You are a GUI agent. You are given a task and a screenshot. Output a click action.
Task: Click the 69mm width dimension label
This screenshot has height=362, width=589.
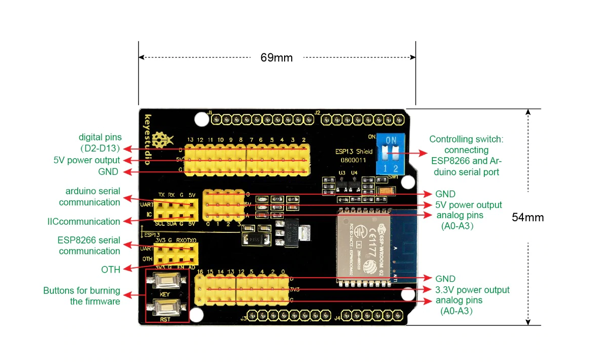276,57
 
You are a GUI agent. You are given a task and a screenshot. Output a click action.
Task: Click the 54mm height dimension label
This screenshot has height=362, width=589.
528,218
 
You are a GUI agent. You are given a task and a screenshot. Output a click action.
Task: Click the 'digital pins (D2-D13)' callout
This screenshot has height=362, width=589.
100,143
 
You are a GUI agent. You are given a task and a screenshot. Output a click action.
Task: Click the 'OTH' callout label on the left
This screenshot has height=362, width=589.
110,269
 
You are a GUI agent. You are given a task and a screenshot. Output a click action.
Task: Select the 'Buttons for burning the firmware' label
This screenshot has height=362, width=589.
82,296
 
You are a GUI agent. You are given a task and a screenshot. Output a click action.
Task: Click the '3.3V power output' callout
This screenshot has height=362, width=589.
473,290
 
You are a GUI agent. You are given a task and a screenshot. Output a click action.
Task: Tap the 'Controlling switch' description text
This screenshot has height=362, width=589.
466,156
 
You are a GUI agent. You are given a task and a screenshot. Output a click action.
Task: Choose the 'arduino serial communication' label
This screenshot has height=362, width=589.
90,197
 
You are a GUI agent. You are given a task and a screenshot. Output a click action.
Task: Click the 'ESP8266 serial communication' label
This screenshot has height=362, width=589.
89,246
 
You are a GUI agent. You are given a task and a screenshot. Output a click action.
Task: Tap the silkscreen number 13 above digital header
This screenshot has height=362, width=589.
190,139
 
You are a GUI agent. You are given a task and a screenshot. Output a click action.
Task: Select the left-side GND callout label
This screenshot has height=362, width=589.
108,172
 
